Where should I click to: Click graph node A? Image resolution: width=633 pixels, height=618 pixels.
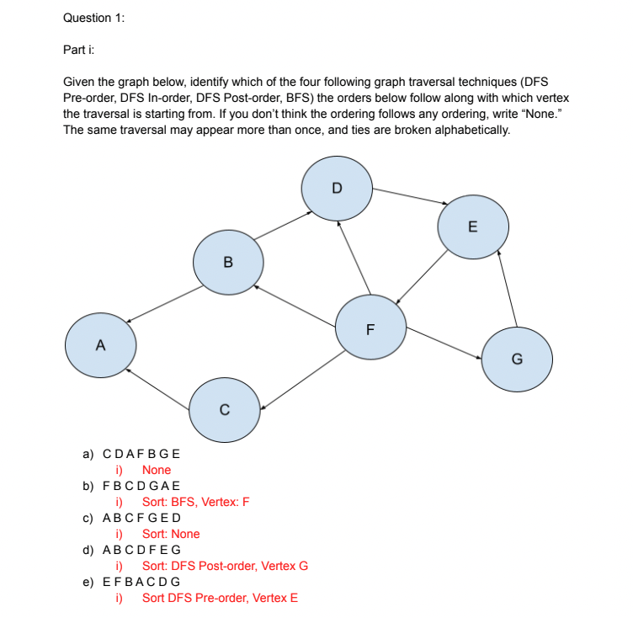(101, 344)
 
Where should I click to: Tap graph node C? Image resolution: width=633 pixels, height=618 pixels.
(224, 409)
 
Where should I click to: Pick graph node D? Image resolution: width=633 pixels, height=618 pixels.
(337, 188)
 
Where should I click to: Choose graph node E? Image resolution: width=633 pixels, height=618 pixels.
(472, 226)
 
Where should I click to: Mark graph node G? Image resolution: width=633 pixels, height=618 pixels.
(517, 360)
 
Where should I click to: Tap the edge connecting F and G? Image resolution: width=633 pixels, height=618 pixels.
(444, 344)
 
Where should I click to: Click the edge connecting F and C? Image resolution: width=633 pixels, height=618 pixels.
(301, 384)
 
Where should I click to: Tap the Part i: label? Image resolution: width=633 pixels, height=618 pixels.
(79, 50)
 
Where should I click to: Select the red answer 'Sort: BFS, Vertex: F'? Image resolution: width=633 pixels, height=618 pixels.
(195, 502)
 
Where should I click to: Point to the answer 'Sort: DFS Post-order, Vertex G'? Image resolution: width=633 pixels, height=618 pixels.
(225, 566)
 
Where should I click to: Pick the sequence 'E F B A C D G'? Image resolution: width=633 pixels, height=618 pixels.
(141, 582)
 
